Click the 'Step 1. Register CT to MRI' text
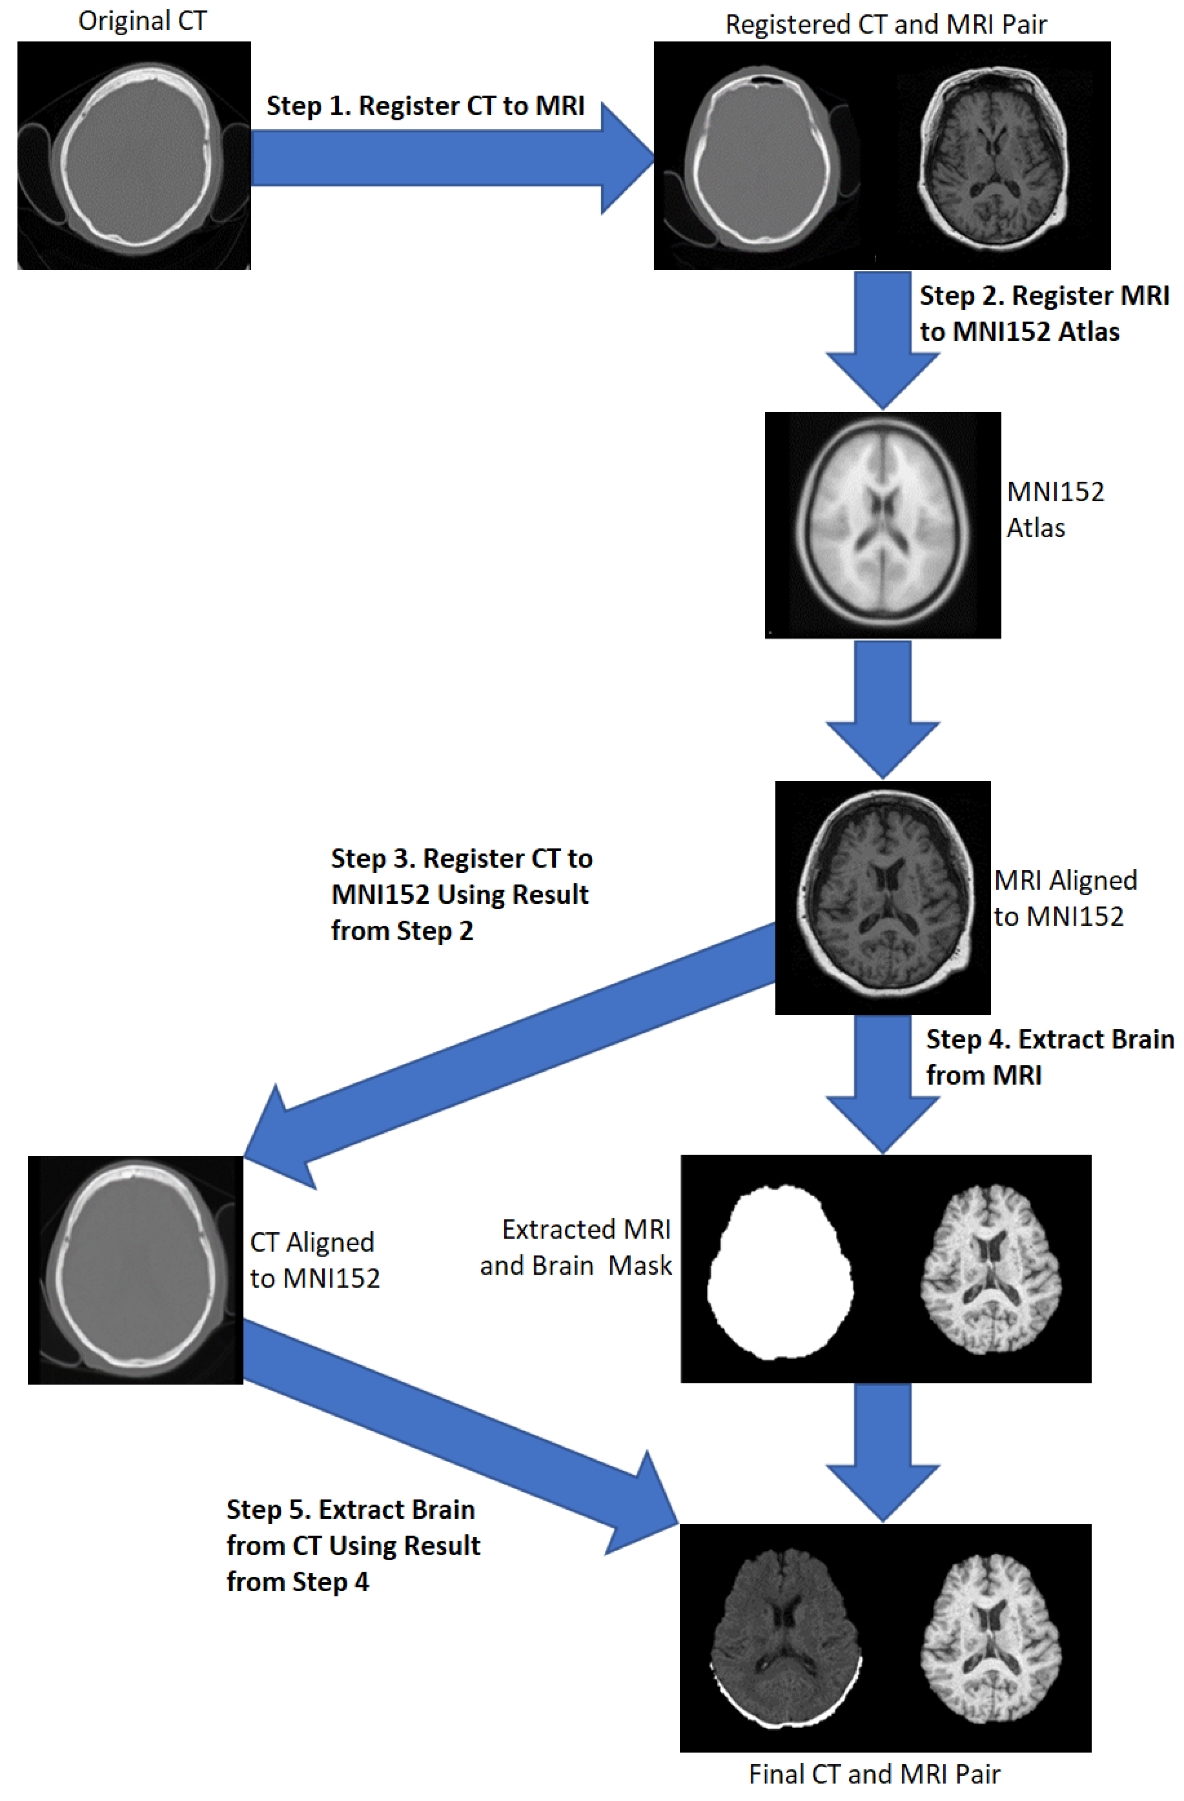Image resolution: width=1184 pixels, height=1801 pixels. [x=425, y=106]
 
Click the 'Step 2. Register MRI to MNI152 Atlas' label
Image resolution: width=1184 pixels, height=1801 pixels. [x=1044, y=313]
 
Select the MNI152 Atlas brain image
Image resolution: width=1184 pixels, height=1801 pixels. [x=882, y=525]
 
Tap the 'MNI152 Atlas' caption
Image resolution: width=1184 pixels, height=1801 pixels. [x=1055, y=509]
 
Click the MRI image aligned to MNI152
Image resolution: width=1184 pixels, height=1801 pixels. [x=882, y=897]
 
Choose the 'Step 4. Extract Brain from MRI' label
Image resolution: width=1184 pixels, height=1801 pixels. [x=1050, y=1057]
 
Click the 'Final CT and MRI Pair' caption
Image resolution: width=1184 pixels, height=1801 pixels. [x=875, y=1774]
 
